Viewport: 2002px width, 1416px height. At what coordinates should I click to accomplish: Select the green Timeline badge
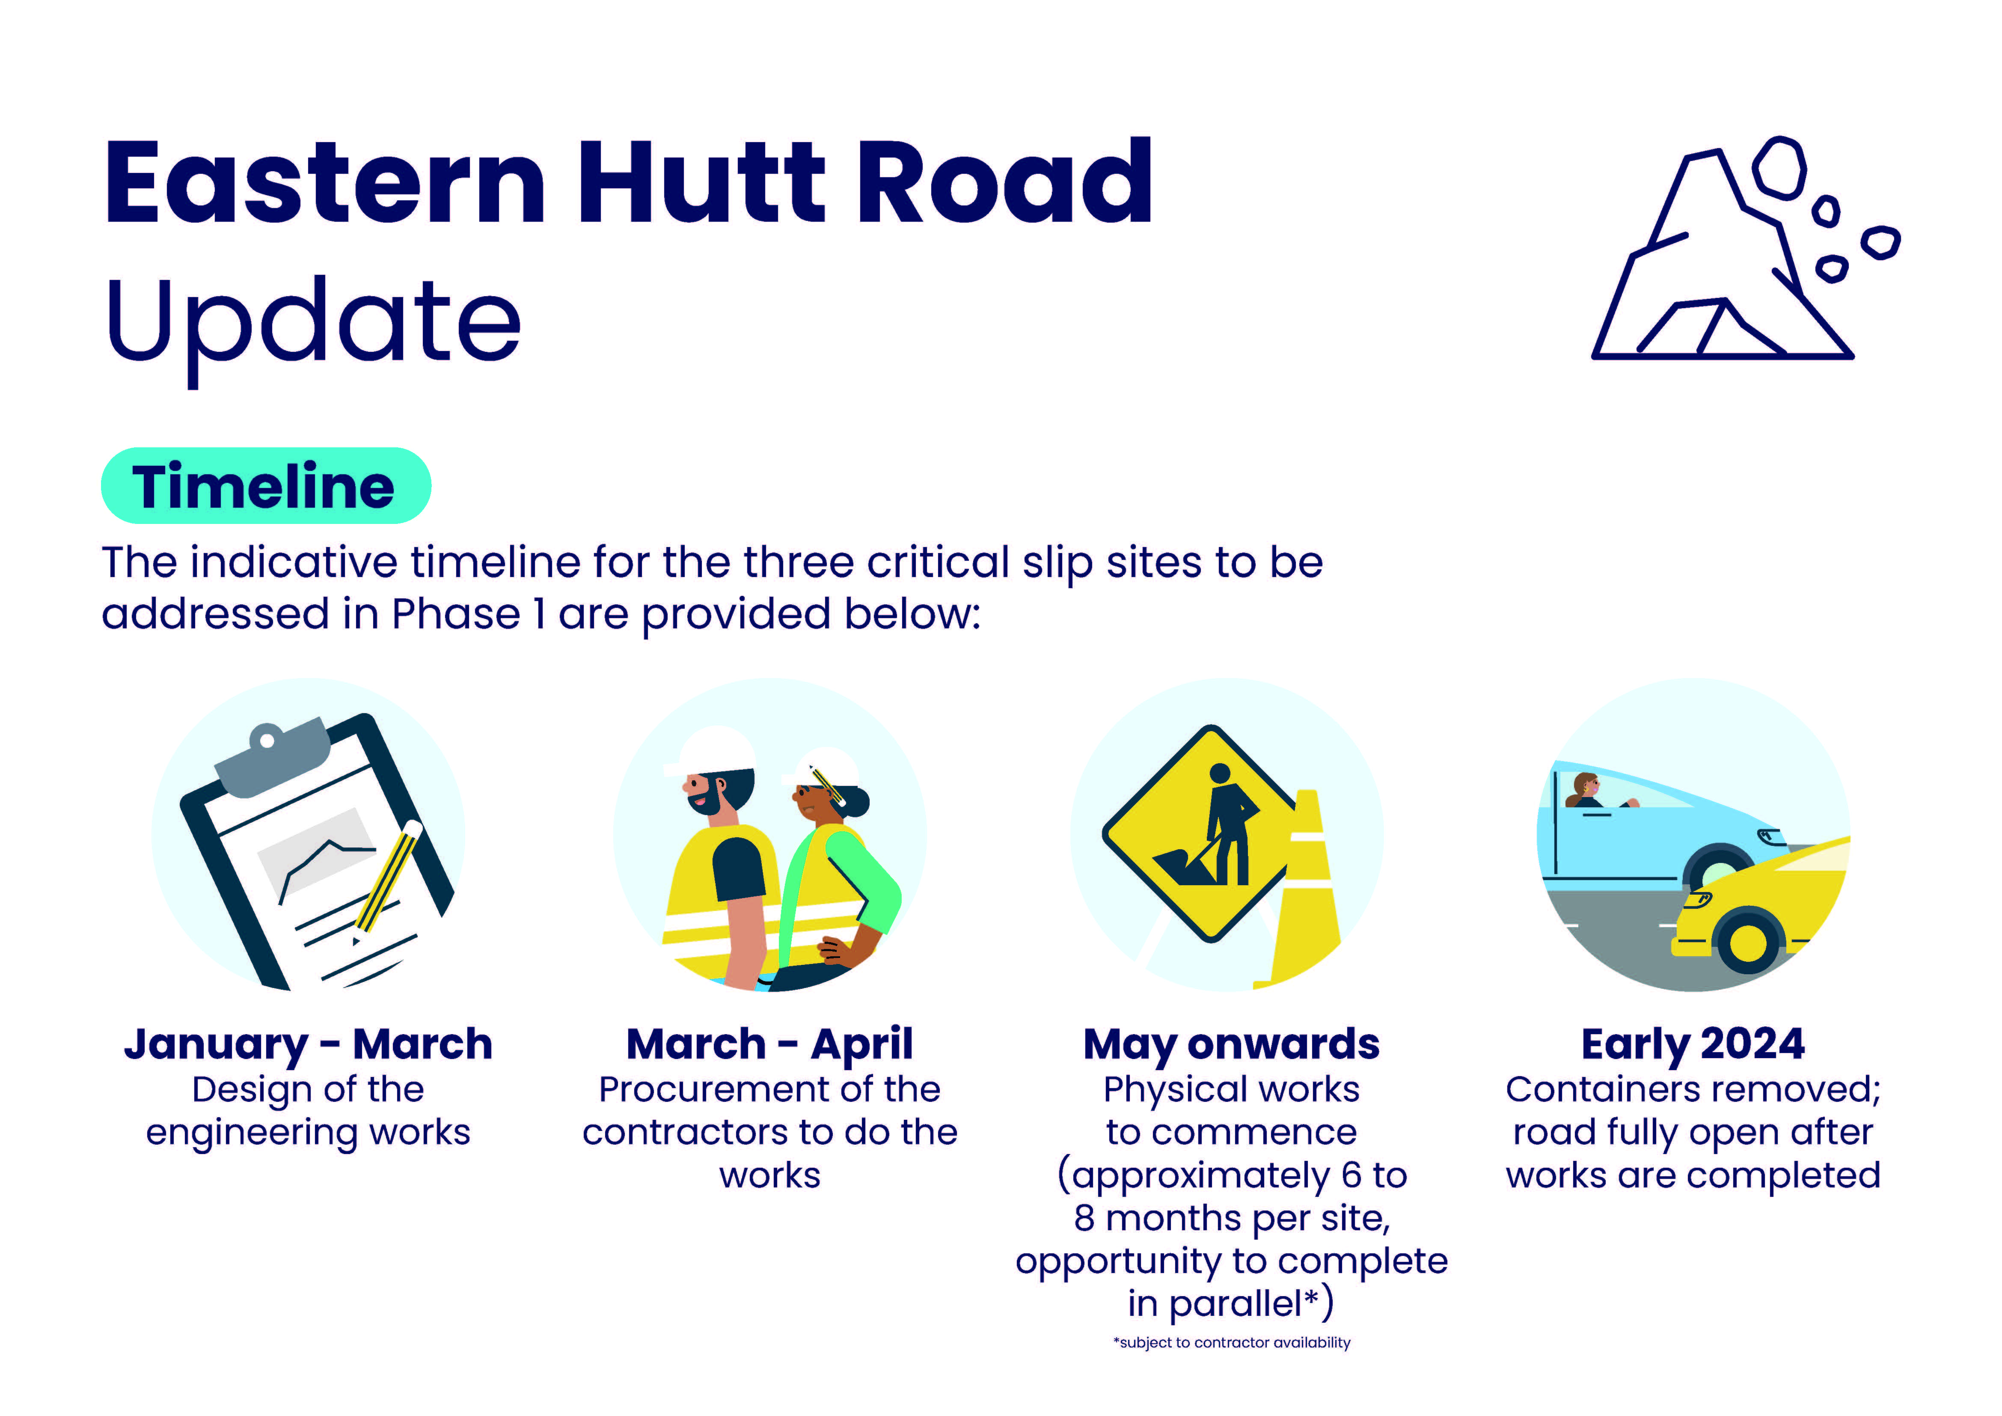266,486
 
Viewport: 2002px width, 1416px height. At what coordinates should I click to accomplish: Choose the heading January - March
308,1044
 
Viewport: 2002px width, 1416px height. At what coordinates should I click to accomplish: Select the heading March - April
769,1044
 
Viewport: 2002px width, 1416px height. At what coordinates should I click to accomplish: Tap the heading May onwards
1231,1044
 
